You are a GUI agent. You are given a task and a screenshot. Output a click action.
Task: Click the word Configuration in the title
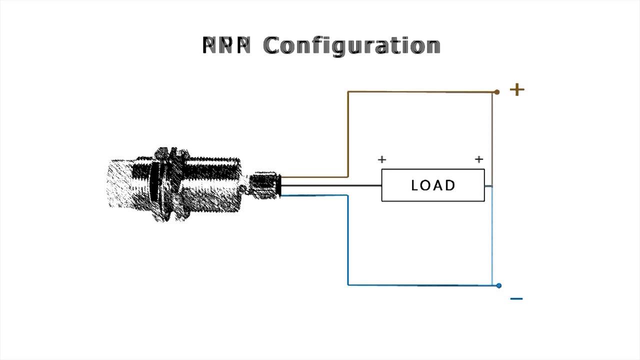pyautogui.click(x=351, y=45)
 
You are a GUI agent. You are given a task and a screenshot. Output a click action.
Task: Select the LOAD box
pyautogui.click(x=433, y=185)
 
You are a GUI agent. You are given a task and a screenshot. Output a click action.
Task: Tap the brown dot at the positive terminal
pyautogui.click(x=496, y=92)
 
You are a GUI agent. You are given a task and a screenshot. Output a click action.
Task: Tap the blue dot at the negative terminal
pyautogui.click(x=499, y=285)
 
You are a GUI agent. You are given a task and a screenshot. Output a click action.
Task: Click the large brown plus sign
pyautogui.click(x=517, y=90)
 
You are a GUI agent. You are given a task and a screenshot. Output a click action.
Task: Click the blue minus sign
pyautogui.click(x=516, y=299)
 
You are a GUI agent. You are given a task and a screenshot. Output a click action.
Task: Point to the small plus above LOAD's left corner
pyautogui.click(x=382, y=159)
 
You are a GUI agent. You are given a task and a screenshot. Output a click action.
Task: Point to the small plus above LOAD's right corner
pyautogui.click(x=479, y=159)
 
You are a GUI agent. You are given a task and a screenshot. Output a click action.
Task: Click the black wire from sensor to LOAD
pyautogui.click(x=330, y=186)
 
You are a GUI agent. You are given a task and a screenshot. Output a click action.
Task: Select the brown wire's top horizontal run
pyautogui.click(x=420, y=92)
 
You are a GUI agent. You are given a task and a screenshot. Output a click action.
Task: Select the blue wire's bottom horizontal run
pyautogui.click(x=420, y=285)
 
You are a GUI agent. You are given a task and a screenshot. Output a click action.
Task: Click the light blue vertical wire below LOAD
pyautogui.click(x=492, y=235)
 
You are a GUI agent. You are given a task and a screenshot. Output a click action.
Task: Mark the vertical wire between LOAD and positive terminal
pyautogui.click(x=492, y=140)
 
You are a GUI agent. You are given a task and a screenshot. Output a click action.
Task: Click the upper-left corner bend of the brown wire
pyautogui.click(x=348, y=92)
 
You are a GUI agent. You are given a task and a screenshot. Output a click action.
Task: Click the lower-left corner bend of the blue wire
pyautogui.click(x=348, y=284)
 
